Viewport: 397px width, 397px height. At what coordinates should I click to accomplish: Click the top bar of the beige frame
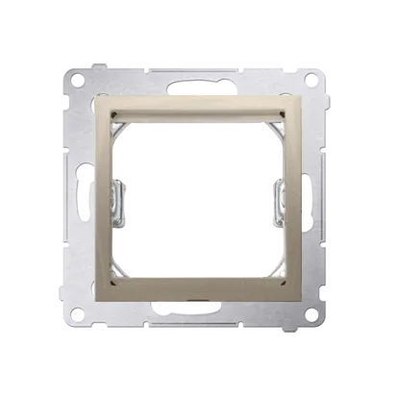(198, 108)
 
